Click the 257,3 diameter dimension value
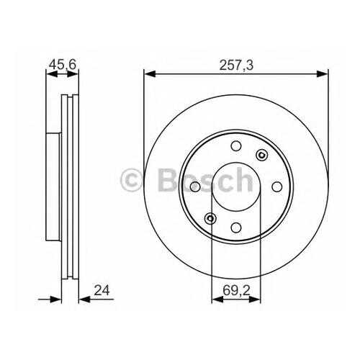pyautogui.click(x=236, y=65)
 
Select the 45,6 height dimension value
pyautogui.click(x=63, y=64)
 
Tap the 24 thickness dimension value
pyautogui.click(x=102, y=290)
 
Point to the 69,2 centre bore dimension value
pyautogui.click(x=236, y=290)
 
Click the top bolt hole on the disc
pyautogui.click(x=236, y=146)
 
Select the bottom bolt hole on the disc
pyautogui.click(x=236, y=228)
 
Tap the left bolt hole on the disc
pyautogui.click(x=195, y=186)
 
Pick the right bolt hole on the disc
pyautogui.click(x=276, y=186)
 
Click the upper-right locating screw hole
pyautogui.click(x=262, y=156)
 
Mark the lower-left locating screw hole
pyautogui.click(x=210, y=218)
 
